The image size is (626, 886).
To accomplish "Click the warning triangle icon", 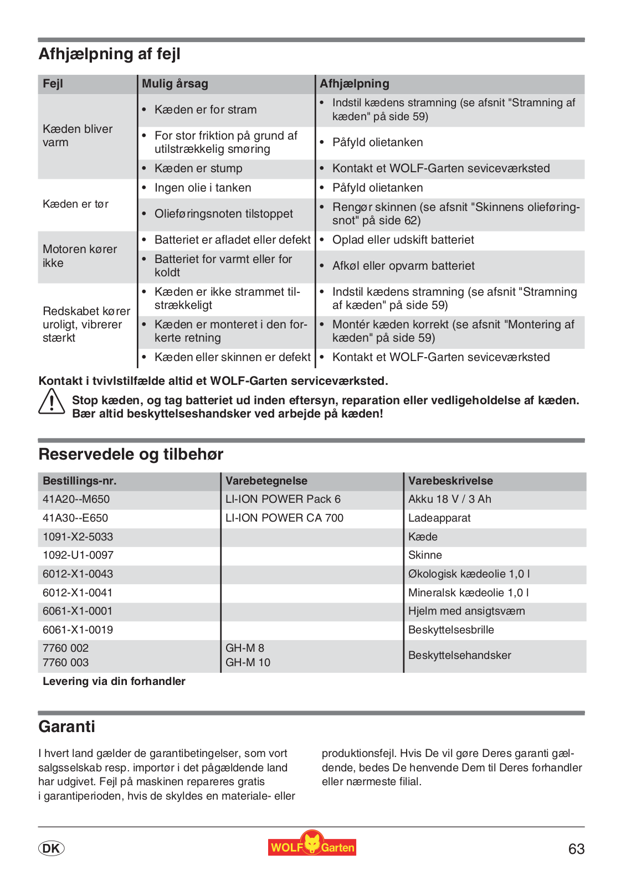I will click(52, 401).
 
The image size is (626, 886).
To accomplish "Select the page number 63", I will click(576, 849).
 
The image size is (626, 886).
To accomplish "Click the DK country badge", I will click(52, 848).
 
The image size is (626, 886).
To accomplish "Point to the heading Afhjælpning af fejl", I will click(109, 54).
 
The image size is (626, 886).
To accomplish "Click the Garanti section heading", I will click(66, 727).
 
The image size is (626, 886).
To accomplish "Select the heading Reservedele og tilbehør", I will click(131, 455).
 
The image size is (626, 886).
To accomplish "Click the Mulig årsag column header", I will click(175, 84).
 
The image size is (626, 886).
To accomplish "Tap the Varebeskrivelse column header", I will click(450, 481).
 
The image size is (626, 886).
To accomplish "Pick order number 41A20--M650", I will click(76, 499).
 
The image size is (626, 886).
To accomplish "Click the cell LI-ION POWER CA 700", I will click(284, 518).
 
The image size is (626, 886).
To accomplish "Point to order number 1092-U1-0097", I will click(78, 555).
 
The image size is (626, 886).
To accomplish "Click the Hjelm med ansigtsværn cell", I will click(466, 611).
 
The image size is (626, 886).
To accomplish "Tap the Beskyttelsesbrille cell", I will click(451, 630).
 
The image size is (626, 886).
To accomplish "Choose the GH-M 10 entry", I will click(248, 662).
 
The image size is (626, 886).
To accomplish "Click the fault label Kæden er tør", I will click(75, 204).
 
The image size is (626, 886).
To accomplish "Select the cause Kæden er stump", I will click(198, 168).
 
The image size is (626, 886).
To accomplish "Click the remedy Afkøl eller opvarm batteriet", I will click(403, 266).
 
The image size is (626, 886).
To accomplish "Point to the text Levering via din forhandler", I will click(114, 681).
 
